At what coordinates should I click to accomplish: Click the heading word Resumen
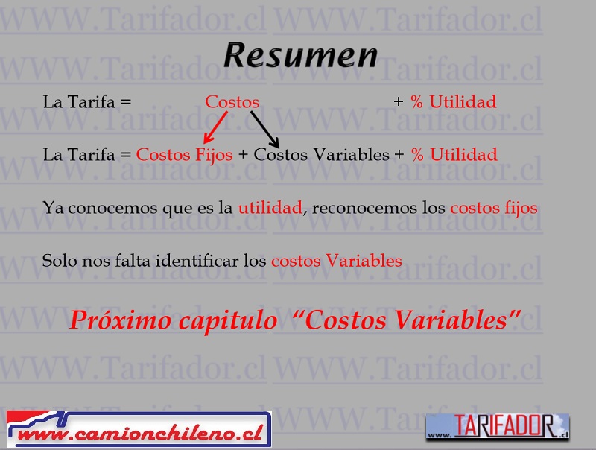tap(301, 55)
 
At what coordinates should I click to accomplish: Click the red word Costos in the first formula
tap(232, 102)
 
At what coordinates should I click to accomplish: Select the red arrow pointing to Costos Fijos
tap(215, 127)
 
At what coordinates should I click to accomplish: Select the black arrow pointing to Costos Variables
tap(265, 129)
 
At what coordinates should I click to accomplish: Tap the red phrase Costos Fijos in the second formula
tap(184, 155)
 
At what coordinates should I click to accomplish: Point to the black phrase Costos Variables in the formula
tap(322, 155)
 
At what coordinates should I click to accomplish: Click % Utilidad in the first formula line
tap(454, 102)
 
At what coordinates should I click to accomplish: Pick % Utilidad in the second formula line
tap(454, 155)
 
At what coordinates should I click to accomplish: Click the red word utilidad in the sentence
tap(270, 208)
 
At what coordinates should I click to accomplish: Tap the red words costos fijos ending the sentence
tap(494, 209)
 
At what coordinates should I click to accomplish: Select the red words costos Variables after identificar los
tap(337, 261)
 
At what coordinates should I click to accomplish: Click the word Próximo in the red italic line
tap(120, 320)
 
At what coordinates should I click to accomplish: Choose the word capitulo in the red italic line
tap(228, 321)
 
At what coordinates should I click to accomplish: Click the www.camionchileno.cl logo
tap(139, 428)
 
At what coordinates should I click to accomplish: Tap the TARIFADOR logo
tap(498, 427)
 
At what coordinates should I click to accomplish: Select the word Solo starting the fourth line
tap(60, 261)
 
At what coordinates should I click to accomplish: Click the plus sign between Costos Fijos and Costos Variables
tap(243, 155)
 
